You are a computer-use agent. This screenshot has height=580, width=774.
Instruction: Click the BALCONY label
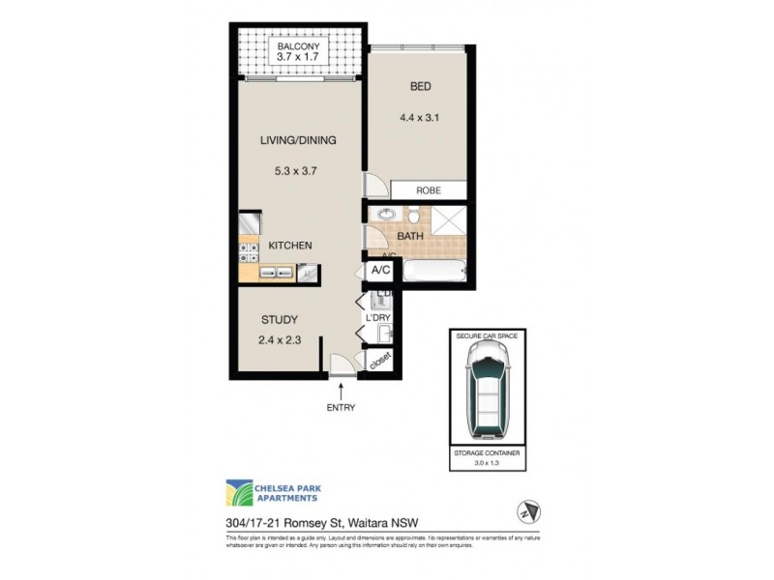click(x=300, y=47)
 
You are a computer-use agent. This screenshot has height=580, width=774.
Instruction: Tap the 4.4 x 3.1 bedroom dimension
click(x=420, y=120)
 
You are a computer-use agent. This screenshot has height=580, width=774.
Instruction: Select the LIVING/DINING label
click(x=297, y=140)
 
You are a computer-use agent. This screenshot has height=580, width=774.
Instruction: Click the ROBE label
click(x=429, y=190)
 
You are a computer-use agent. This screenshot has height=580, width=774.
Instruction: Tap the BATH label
click(x=410, y=235)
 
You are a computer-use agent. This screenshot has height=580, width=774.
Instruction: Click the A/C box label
click(x=380, y=272)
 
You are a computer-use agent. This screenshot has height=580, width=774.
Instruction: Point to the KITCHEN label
click(x=289, y=246)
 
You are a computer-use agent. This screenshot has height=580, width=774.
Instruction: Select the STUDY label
click(x=280, y=320)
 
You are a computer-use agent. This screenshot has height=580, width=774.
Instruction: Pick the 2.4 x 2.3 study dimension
click(x=280, y=339)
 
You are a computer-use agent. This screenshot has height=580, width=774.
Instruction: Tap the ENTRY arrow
click(x=341, y=390)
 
